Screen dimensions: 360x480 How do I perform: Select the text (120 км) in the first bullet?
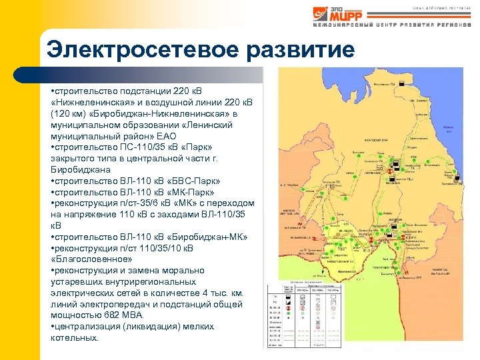pos(69,115)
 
